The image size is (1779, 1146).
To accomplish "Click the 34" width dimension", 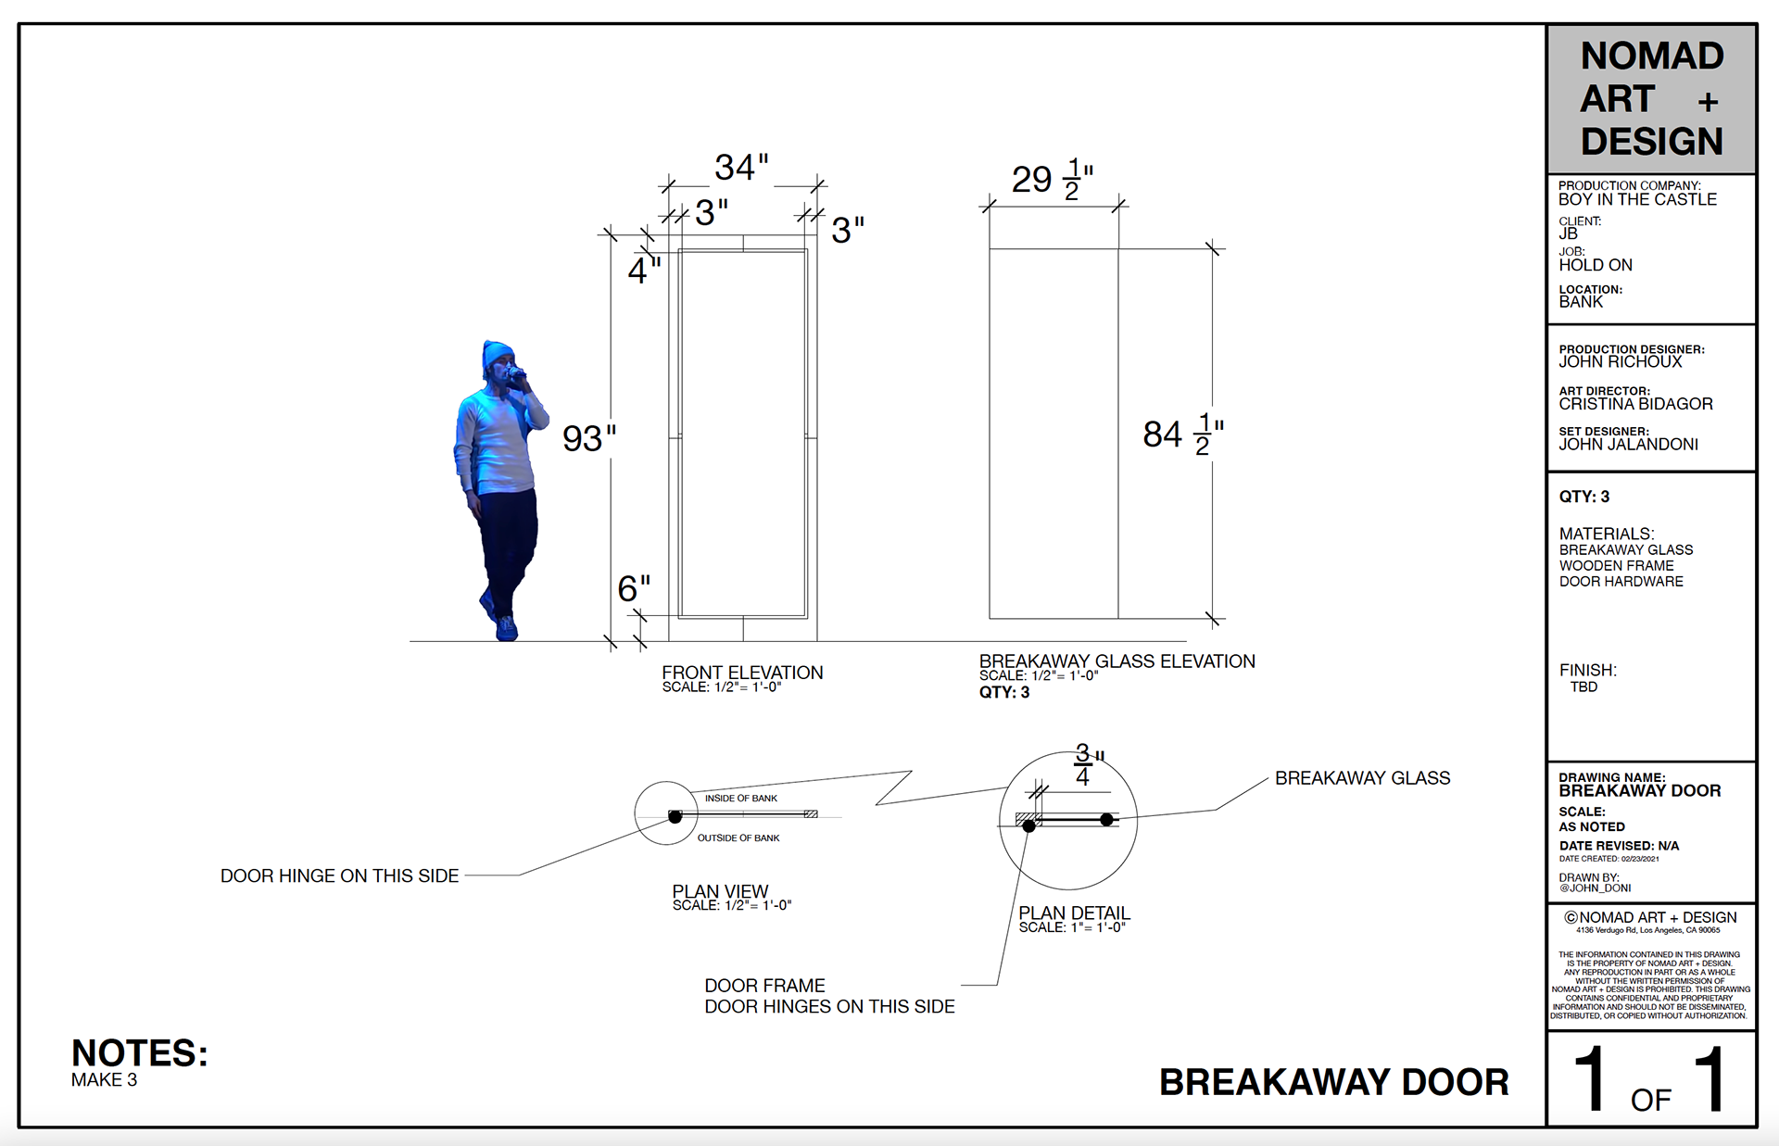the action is tap(741, 168).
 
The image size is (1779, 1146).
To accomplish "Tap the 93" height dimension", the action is tap(588, 438).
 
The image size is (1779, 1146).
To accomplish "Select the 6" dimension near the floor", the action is tap(634, 588).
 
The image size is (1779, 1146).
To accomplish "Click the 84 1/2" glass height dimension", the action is tap(1182, 434).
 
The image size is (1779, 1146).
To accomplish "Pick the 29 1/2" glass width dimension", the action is tap(1052, 179).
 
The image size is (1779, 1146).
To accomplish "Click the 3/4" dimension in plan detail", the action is tap(1084, 765).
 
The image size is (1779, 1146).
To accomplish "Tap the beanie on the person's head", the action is tap(497, 353).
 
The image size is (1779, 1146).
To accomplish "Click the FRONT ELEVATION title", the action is tap(742, 673).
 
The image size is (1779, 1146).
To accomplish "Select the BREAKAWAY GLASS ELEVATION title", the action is tap(1117, 661).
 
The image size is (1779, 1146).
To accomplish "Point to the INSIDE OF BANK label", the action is tap(740, 799).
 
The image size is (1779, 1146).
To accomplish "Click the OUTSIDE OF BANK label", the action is tap(738, 838).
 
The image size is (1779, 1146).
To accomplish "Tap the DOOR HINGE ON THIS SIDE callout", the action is tap(339, 875).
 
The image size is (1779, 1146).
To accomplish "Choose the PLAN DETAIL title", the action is tap(1074, 913).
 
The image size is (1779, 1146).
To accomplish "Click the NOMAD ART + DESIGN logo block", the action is tap(1651, 99).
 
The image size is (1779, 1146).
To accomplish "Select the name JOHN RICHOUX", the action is tap(1620, 362).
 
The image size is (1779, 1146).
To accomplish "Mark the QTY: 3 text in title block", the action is tap(1583, 497).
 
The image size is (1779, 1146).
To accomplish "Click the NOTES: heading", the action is tap(140, 1053).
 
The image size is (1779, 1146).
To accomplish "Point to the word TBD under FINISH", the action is tap(1583, 687).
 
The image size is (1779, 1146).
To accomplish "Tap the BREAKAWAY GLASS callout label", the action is tap(1362, 778).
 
